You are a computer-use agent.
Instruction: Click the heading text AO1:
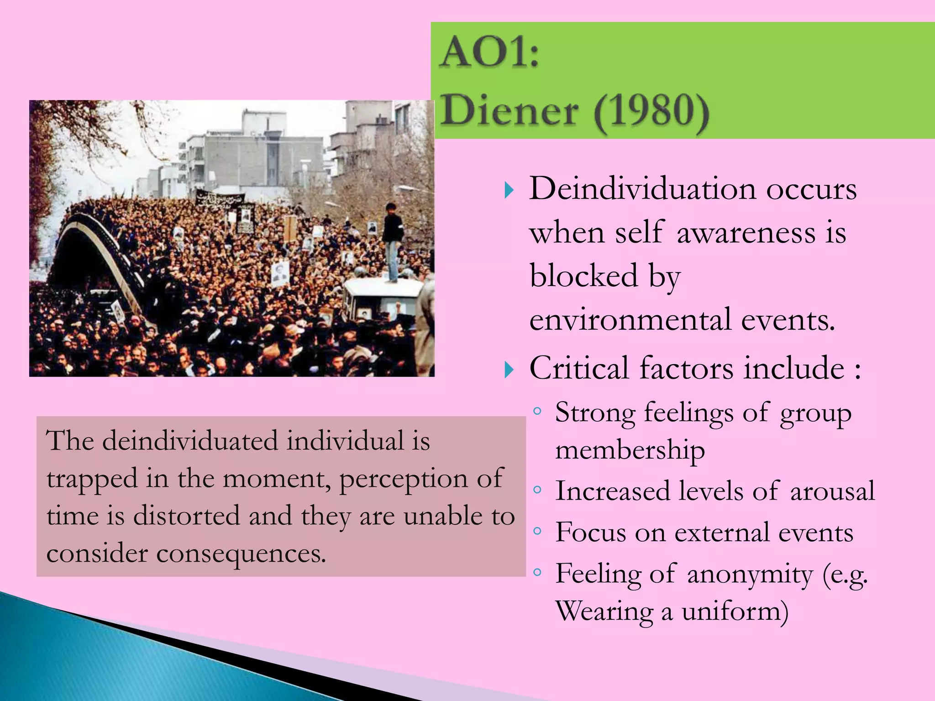tap(489, 53)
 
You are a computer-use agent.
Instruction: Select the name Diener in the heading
tap(510, 111)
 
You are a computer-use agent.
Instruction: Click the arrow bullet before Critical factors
tap(509, 369)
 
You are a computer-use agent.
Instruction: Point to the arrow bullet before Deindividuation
tap(509, 190)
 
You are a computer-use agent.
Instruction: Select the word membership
tap(630, 451)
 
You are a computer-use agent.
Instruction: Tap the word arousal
tap(832, 492)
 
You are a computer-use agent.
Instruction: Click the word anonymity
tap(750, 574)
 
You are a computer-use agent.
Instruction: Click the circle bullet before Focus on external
tap(537, 531)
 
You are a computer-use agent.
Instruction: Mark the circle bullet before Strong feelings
tap(537, 411)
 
